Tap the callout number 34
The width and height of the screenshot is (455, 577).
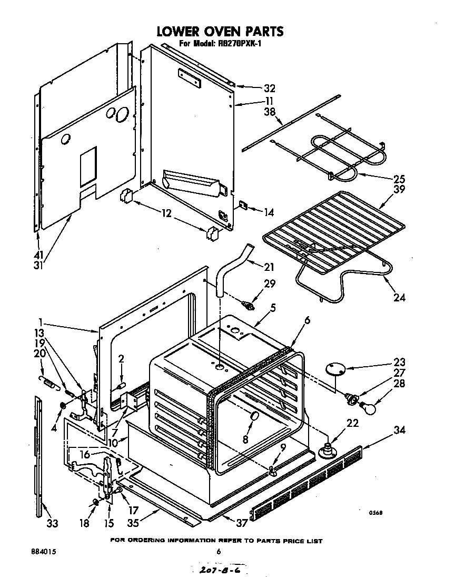pos(399,431)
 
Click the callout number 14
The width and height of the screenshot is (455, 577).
pos(269,212)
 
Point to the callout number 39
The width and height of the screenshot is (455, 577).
pos(399,190)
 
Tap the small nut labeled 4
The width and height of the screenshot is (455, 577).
pos(63,406)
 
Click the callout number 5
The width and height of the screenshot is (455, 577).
pos(272,307)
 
